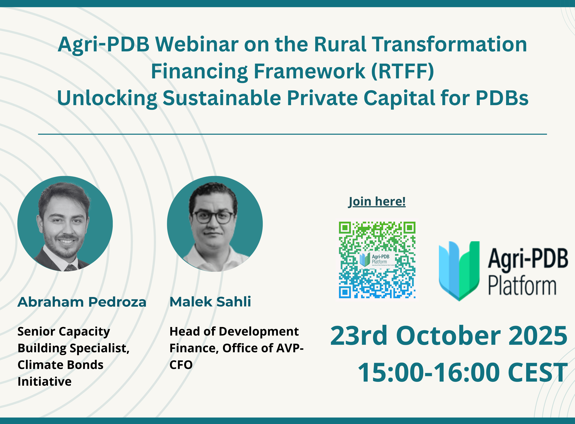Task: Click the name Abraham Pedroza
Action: coord(82,302)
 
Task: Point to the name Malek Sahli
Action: coord(210,302)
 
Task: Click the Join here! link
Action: coord(377,202)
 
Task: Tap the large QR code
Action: coord(377,260)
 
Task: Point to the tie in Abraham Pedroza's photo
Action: coord(71,268)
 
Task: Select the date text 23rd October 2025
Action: coord(449,336)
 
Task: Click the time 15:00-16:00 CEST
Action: coord(463,372)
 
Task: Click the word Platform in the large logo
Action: coord(522,286)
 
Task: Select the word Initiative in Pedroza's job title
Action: coord(45,382)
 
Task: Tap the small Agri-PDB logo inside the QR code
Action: coord(377,260)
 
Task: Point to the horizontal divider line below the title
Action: coord(292,134)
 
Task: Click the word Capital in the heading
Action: coord(399,99)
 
